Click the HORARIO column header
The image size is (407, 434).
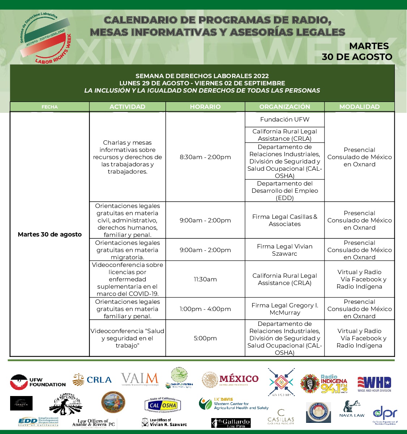(x=205, y=107)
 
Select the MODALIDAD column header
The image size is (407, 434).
(x=359, y=107)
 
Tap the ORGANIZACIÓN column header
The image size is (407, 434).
(x=285, y=107)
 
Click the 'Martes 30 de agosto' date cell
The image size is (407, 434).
(x=50, y=234)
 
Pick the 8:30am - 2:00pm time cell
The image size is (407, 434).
(x=205, y=157)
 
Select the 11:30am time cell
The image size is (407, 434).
(x=205, y=279)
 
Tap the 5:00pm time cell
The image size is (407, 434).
(x=205, y=338)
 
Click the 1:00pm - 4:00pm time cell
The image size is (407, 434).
(x=205, y=309)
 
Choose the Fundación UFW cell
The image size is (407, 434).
(x=285, y=119)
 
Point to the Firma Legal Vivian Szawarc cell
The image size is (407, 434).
(x=285, y=250)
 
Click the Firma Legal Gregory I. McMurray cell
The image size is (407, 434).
(x=285, y=309)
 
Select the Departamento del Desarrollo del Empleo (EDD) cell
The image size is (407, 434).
(x=285, y=191)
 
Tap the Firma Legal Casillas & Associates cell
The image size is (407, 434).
(x=285, y=220)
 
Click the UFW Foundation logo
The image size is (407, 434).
(x=38, y=382)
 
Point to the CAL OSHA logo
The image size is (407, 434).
(x=162, y=405)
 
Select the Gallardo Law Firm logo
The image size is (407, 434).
(x=231, y=423)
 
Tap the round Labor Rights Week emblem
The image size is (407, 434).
(x=45, y=38)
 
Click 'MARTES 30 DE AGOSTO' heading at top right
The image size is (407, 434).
(x=357, y=51)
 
